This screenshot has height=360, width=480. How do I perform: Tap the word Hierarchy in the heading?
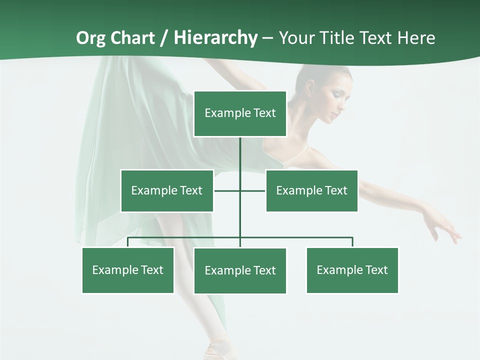(216, 38)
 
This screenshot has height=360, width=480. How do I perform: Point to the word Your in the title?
(297, 38)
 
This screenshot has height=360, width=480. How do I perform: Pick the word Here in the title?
(416, 38)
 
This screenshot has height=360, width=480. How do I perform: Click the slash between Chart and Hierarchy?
(164, 38)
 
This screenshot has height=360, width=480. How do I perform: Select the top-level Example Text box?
(240, 113)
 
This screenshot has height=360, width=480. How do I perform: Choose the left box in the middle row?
(166, 190)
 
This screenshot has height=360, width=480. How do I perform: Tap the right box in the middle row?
(311, 190)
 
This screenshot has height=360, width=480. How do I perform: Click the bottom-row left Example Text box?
(127, 270)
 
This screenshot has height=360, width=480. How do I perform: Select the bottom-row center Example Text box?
(240, 270)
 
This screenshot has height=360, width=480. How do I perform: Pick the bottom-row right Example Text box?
(352, 270)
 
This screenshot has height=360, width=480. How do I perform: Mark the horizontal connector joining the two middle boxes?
(228, 190)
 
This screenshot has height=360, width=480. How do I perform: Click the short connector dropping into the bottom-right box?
(352, 242)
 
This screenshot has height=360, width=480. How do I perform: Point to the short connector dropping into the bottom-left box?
(128, 242)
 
